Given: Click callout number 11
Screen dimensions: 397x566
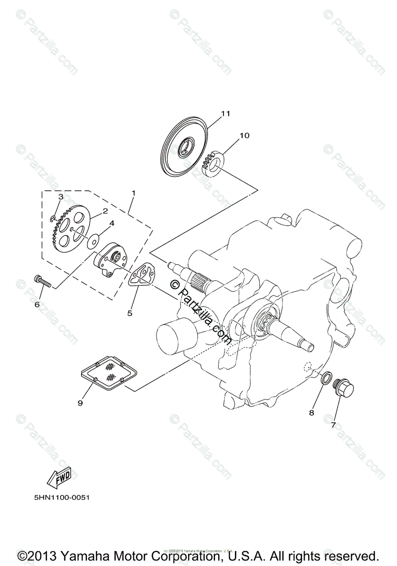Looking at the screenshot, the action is click(x=225, y=114).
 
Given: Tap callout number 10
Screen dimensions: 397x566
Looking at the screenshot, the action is click(x=244, y=135).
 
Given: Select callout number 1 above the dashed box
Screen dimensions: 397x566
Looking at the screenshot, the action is click(x=133, y=193).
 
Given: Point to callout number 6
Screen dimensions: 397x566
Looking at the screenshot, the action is click(x=37, y=304).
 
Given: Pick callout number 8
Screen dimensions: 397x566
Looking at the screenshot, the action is click(x=311, y=413).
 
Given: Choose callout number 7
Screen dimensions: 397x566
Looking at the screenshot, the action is click(x=333, y=425).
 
